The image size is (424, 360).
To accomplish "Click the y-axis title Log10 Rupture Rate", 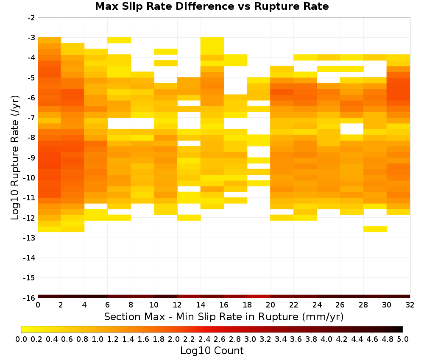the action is (15, 158).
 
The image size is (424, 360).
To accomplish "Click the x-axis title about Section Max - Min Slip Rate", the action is (223, 316).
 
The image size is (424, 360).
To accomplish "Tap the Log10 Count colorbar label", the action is (212, 351).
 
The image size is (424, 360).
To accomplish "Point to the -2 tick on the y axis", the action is (31, 18).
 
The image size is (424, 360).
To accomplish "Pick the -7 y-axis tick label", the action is (31, 118).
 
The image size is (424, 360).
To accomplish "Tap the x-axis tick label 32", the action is (410, 305).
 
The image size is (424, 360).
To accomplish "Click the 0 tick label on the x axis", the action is (38, 305).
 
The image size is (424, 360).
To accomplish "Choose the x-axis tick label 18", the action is (247, 305).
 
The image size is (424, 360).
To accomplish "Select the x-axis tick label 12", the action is (177, 305).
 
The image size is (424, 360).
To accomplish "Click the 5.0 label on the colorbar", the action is (403, 339).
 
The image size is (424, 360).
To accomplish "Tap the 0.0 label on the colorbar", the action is (21, 339).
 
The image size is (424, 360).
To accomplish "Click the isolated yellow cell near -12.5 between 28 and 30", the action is (375, 229).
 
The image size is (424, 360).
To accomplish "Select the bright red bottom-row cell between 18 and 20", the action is (259, 296).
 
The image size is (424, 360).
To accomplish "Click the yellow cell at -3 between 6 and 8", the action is (119, 40).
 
